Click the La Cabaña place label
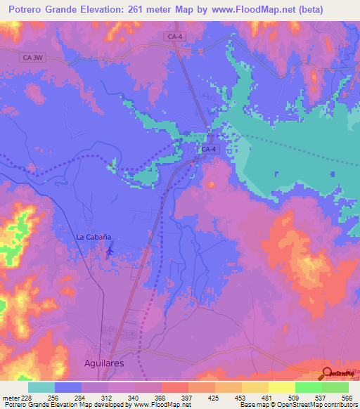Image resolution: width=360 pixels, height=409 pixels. (94, 238)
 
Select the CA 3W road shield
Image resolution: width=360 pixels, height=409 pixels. (32, 59)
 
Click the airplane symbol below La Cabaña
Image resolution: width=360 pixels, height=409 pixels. (108, 252)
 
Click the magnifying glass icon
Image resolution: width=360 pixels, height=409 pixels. (328, 374)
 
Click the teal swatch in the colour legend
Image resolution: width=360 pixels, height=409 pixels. (41, 387)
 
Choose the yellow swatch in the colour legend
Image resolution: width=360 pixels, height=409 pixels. (281, 387)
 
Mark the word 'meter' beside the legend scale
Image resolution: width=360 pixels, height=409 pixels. (10, 397)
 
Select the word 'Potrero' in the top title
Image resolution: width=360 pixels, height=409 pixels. (28, 9)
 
